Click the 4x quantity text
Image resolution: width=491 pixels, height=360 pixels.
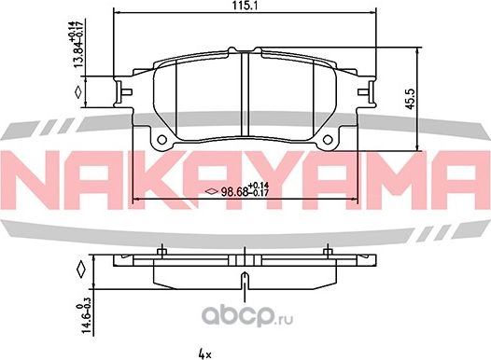206,353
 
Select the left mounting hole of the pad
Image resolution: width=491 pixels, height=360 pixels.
163,141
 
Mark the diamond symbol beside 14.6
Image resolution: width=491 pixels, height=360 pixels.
80,272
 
